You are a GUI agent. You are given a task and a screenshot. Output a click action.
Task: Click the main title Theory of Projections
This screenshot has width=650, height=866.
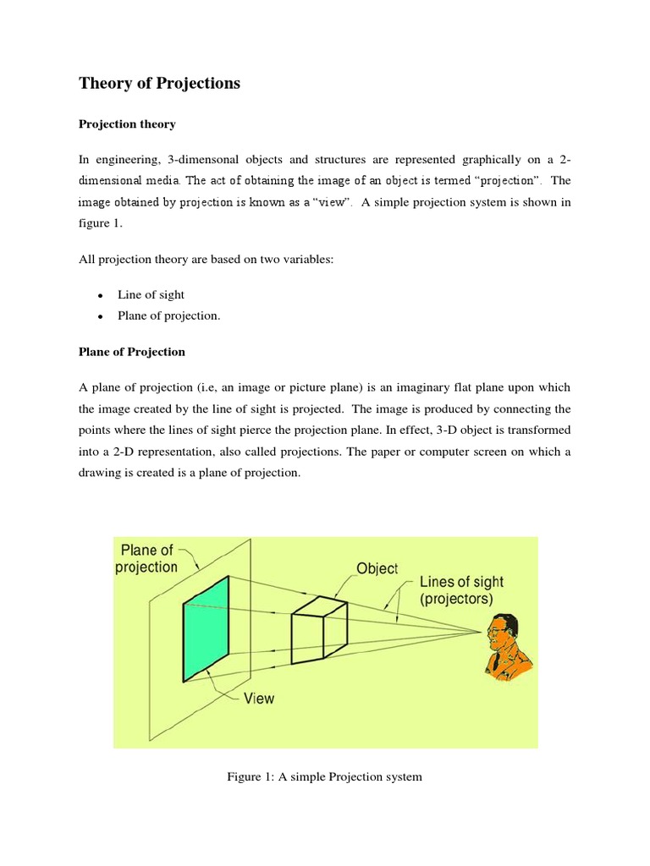159,83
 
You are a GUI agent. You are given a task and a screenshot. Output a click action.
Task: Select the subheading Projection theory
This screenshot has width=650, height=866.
127,124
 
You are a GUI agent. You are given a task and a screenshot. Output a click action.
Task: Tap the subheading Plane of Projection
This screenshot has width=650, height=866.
131,352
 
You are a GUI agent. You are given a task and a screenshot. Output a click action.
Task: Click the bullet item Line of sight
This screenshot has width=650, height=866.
151,294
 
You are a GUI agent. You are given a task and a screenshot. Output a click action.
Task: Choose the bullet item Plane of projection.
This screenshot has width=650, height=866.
168,315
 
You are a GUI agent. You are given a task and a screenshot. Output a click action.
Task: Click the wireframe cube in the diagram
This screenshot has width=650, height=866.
318,630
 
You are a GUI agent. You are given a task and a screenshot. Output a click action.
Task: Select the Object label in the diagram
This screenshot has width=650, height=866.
377,569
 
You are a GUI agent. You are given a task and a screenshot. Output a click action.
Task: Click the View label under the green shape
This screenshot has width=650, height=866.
259,699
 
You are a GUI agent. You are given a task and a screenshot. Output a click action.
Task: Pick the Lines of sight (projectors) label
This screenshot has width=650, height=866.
461,590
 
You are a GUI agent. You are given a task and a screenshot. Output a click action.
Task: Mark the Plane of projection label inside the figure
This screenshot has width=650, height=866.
147,558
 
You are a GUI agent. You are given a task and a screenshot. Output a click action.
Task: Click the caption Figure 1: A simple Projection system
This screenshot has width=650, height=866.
325,776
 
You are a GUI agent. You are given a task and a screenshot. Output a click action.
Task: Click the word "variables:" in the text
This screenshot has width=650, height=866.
308,259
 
